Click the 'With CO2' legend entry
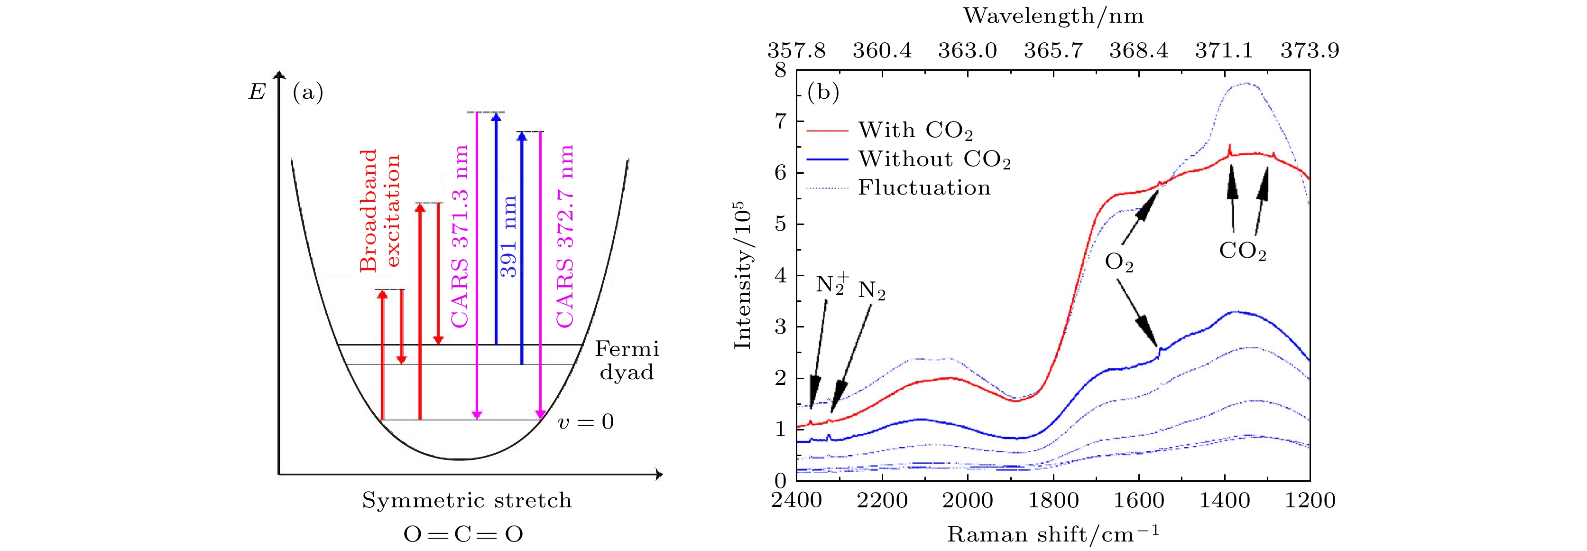click(915, 131)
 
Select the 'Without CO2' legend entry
click(934, 159)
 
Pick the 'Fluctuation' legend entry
click(924, 187)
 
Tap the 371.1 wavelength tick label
click(1224, 50)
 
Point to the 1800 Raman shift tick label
click(1053, 500)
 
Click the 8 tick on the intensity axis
click(781, 70)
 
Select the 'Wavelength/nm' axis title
click(1053, 16)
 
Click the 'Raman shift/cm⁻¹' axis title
click(1053, 534)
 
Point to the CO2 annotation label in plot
click(1243, 252)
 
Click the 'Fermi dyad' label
click(627, 361)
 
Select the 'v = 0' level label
click(585, 422)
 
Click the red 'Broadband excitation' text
click(379, 210)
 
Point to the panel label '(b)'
click(823, 93)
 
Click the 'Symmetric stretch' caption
click(466, 500)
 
